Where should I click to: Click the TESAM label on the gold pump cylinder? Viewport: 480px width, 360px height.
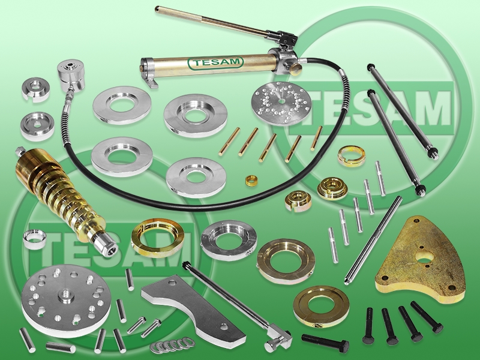(x=215, y=62)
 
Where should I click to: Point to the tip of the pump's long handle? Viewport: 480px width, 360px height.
(x=157, y=9)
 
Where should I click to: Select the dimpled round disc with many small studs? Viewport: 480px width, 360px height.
(x=281, y=103)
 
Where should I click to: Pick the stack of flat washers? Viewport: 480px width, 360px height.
(x=172, y=344)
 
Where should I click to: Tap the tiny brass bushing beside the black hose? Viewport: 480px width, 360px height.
(x=251, y=181)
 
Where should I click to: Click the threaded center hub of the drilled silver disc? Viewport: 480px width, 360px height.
(x=65, y=296)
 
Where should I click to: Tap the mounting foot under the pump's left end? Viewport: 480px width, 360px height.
(x=152, y=83)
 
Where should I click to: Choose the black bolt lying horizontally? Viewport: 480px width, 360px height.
(x=325, y=341)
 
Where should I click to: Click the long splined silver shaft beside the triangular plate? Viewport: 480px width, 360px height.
(x=373, y=241)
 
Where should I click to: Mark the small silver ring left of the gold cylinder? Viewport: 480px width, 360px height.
(x=35, y=239)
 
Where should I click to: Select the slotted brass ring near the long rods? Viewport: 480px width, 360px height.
(x=352, y=156)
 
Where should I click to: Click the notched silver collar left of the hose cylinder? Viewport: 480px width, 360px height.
(x=35, y=89)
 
